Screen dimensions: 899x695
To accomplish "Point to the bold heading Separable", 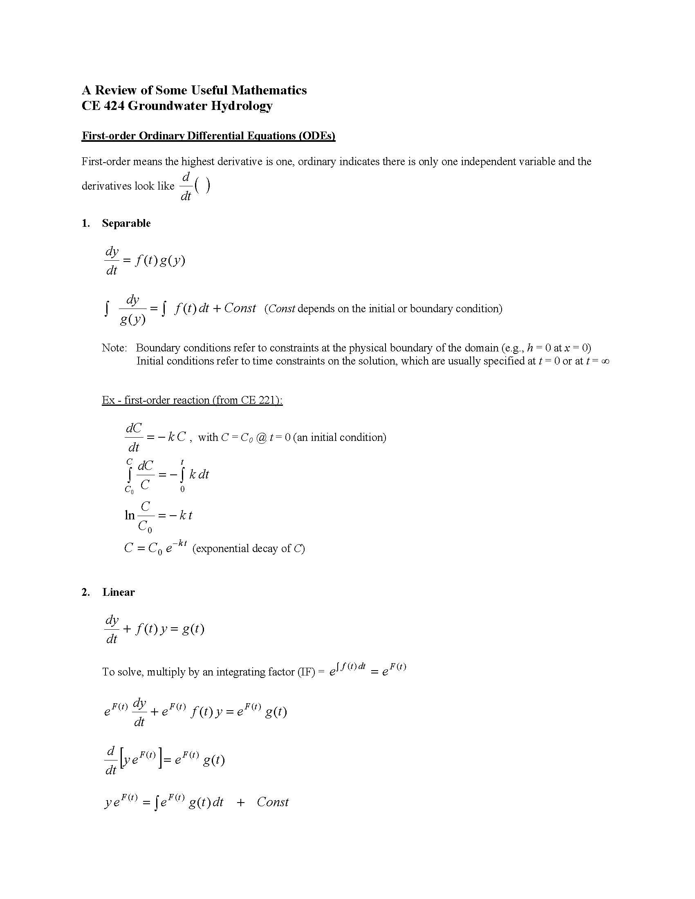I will tap(126, 223).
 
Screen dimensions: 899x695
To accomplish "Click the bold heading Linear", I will tap(119, 592).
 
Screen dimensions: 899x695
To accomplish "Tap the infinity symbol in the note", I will tap(605, 361).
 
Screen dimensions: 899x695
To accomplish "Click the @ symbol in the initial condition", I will tap(261, 437).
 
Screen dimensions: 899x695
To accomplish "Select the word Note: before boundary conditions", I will tap(114, 348).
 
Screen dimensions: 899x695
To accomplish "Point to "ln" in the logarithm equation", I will tap(130, 515).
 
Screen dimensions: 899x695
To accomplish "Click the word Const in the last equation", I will tap(273, 802).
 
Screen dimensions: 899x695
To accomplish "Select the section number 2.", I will tap(85, 592).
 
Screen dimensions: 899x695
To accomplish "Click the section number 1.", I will tap(85, 223).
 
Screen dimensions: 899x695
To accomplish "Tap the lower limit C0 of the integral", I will tap(129, 490).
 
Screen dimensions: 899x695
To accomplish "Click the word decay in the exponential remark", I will tap(265, 548).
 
